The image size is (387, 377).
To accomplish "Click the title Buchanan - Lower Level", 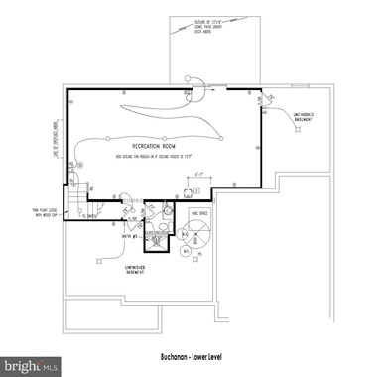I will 193,356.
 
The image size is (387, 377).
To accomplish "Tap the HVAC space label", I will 199,213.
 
